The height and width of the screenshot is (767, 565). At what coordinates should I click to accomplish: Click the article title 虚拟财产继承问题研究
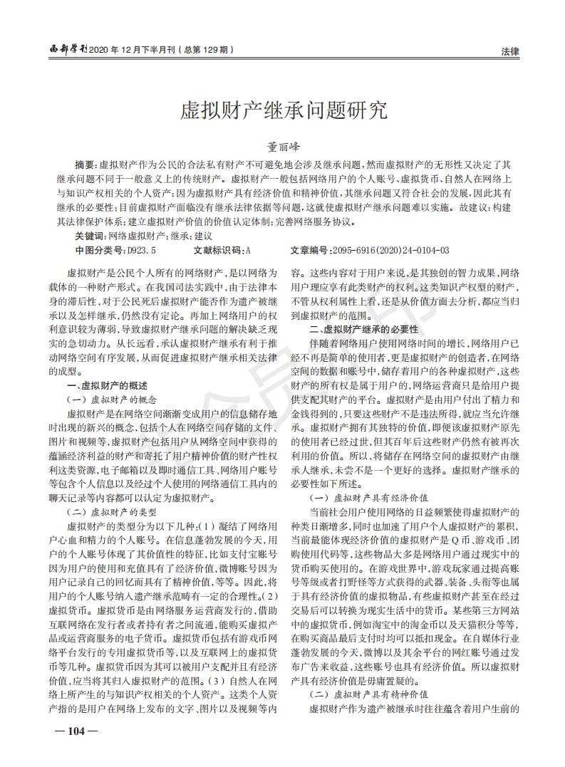tap(282, 111)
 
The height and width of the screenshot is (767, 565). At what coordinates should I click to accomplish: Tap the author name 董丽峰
tap(282, 145)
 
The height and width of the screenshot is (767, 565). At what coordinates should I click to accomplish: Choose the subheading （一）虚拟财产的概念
tap(111, 399)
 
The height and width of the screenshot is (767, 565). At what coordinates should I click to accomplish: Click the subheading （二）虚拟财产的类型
tap(111, 511)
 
